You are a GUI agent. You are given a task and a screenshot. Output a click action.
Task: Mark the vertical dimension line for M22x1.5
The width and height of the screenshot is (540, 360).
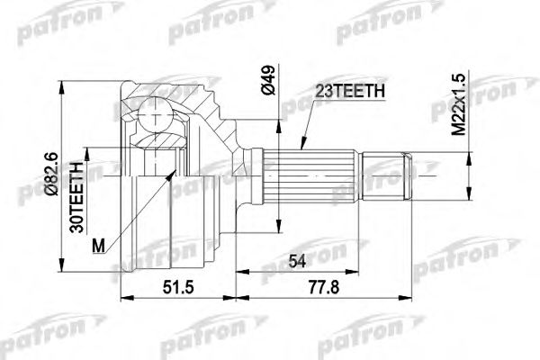467,135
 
